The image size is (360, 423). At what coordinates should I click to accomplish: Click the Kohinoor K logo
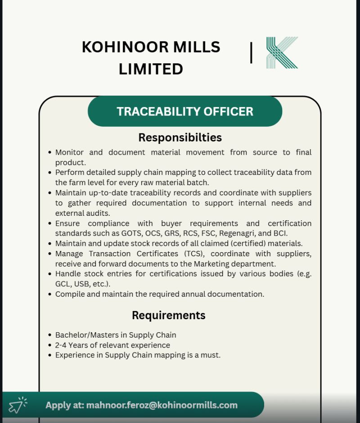click(x=282, y=53)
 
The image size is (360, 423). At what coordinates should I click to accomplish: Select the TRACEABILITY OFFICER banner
click(x=184, y=111)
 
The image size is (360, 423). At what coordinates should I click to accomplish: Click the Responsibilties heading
click(x=180, y=137)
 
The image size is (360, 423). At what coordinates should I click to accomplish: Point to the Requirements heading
click(x=168, y=315)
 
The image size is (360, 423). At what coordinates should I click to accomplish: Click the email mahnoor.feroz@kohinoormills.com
click(x=162, y=405)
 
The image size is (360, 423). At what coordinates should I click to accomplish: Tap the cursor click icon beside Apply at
click(x=18, y=405)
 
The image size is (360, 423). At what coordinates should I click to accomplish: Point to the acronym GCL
click(x=63, y=284)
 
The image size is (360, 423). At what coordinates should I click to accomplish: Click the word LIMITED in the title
click(x=151, y=69)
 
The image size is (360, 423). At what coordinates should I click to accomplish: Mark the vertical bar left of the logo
click(x=251, y=53)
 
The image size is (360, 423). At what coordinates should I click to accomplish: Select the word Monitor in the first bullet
click(x=70, y=152)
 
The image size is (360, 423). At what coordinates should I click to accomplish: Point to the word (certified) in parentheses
click(x=247, y=243)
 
